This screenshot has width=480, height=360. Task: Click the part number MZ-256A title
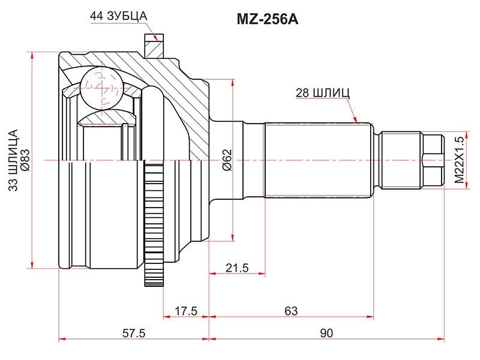click(x=267, y=20)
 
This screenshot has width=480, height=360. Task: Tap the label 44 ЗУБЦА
click(x=118, y=16)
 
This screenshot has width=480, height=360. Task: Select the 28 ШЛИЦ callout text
click(x=323, y=93)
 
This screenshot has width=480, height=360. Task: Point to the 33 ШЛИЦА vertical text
click(x=13, y=160)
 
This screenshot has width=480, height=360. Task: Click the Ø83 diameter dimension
click(x=25, y=160)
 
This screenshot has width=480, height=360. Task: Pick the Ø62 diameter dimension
click(x=227, y=160)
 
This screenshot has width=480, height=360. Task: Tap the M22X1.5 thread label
click(x=460, y=160)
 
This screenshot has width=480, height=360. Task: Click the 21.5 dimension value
click(x=237, y=268)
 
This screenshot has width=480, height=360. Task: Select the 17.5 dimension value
click(x=186, y=311)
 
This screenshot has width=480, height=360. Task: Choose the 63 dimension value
click(x=291, y=311)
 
